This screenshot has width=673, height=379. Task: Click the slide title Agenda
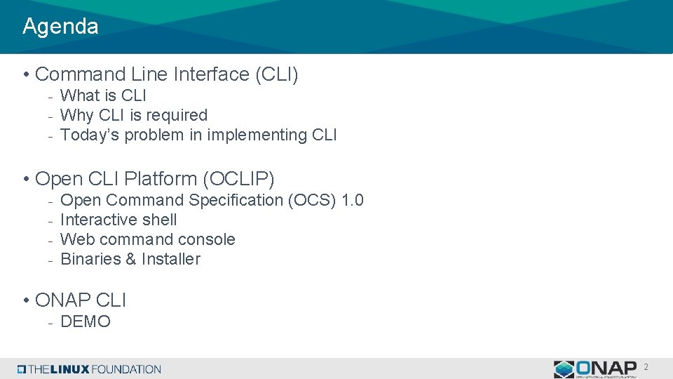60,27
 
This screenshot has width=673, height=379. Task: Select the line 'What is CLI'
103,95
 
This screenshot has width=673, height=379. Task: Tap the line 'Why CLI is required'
134,115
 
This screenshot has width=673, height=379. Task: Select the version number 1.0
352,200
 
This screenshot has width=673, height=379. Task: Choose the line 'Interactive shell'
118,220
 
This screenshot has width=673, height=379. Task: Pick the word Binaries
90,259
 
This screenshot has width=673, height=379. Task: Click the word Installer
170,259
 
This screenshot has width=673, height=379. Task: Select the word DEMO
86,322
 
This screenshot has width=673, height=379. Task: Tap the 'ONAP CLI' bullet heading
80,300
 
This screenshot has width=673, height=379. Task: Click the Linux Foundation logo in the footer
90,369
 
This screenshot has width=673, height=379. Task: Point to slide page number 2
646,367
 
